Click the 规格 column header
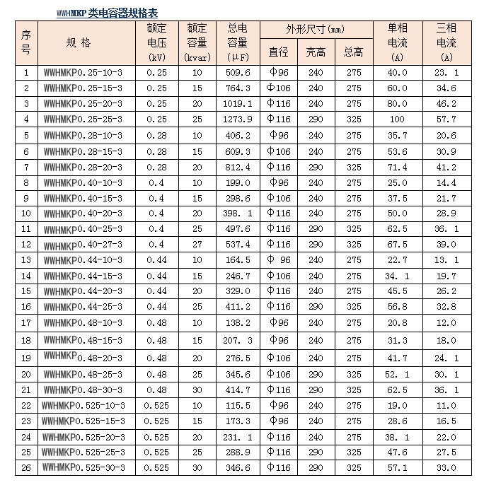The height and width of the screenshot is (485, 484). (78, 43)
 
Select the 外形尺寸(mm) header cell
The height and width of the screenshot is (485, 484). (316, 30)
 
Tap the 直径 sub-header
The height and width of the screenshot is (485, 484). (279, 52)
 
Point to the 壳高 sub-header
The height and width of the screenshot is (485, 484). (316, 52)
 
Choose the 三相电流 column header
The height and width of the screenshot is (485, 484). (446, 43)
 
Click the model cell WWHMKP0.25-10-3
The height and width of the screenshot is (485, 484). (83, 73)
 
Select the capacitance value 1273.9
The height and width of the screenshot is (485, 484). (238, 119)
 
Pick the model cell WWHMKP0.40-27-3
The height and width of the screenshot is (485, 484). (83, 245)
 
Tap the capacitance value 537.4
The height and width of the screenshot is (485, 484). (238, 245)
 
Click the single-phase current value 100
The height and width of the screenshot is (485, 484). (397, 119)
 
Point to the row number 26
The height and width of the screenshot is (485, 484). (26, 468)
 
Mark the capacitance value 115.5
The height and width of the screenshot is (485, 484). (238, 406)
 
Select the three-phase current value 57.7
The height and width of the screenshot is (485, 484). (446, 119)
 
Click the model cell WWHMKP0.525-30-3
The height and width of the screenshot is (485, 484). (83, 468)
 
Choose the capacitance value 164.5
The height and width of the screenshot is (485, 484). (238, 260)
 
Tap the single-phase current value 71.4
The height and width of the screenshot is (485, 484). (397, 167)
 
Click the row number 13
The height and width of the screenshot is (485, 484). (26, 260)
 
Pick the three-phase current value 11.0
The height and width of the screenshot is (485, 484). (446, 406)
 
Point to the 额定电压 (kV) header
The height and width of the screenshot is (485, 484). (156, 43)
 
